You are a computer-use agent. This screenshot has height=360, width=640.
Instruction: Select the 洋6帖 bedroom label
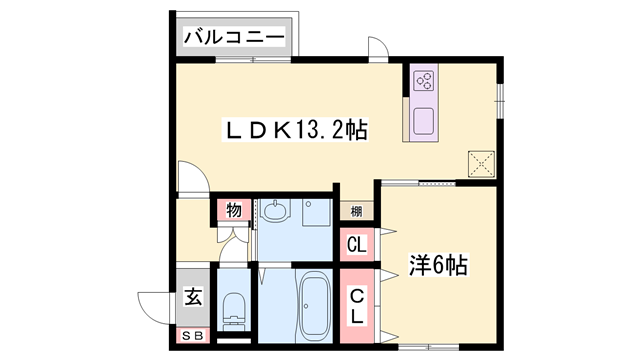coord(437,267)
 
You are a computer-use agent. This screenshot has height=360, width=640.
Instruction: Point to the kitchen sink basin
coord(422,120)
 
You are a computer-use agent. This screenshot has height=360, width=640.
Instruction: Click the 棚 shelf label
coord(356,210)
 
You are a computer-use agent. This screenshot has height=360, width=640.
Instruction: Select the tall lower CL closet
coord(356,304)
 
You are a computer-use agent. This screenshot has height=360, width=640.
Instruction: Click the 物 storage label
coord(232,210)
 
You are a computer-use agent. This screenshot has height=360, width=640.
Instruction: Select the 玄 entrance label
coord(192,297)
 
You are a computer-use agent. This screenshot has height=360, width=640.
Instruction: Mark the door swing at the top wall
coord(378,50)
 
